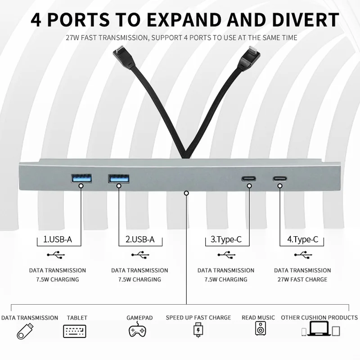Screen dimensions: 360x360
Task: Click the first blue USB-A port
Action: coord(81,178)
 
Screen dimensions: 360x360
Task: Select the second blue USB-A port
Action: coord(118,178)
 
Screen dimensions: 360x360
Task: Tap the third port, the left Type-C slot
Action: coord(249,178)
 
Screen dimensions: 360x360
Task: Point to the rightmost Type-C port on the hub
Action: coord(279,178)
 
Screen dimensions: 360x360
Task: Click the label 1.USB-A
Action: coord(57,239)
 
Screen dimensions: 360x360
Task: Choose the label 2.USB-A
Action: coord(139,239)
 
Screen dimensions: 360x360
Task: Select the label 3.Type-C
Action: coord(226,239)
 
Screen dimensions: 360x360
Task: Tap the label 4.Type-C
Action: coord(302,239)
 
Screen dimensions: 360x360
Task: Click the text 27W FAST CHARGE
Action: coord(302,279)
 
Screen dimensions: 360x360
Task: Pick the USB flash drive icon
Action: coord(26,332)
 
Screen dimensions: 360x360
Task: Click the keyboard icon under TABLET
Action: coord(75,332)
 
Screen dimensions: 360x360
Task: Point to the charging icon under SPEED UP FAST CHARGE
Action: coord(198,331)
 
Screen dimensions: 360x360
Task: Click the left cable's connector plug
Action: coord(122,58)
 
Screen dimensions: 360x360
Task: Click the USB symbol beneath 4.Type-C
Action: coord(302,255)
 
